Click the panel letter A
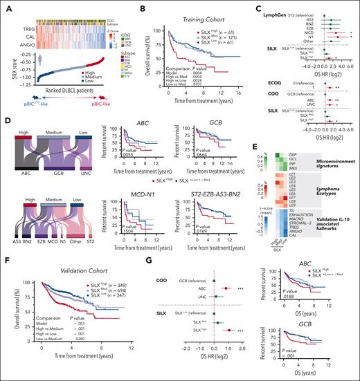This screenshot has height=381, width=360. coord(6,6)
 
